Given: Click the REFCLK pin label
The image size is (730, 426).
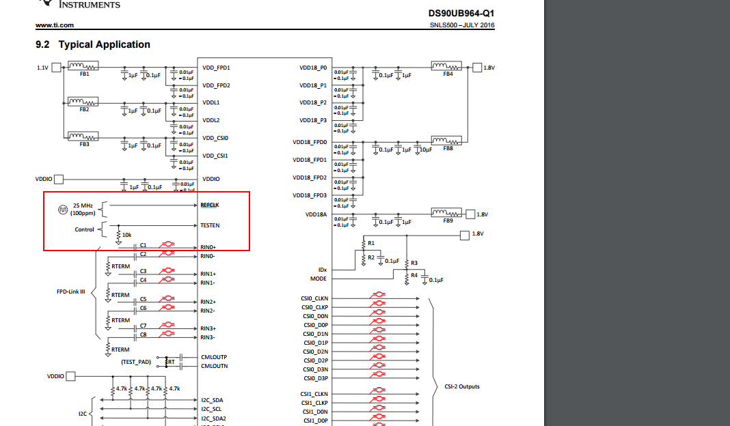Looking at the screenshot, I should (x=210, y=205).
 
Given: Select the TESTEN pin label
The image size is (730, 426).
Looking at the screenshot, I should (x=210, y=225).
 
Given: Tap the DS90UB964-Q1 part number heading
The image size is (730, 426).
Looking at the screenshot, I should (x=461, y=13).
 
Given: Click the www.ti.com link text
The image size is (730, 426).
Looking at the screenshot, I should (x=55, y=26).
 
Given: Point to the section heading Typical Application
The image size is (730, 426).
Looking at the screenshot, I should (x=104, y=44).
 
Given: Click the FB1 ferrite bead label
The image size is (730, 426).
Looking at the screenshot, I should (x=84, y=74).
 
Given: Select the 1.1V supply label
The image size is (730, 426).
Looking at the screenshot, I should (x=43, y=68).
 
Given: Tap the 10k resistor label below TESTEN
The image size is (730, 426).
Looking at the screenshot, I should (x=126, y=235).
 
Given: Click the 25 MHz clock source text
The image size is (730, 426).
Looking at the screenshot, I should (x=83, y=205).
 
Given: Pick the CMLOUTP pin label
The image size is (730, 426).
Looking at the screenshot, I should (x=214, y=357).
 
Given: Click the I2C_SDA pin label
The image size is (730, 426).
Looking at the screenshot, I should (x=212, y=400).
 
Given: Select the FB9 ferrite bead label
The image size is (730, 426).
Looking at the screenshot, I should (x=448, y=221).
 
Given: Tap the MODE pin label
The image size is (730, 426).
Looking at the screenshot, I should (x=319, y=279).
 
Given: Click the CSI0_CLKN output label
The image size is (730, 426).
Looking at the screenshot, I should (x=314, y=298).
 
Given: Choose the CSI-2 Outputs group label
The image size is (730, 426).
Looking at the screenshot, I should (x=462, y=386).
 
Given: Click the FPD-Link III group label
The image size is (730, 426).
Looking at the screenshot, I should (x=70, y=292).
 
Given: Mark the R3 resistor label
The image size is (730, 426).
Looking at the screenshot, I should (x=413, y=263).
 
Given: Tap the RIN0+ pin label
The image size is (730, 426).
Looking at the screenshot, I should (x=208, y=247).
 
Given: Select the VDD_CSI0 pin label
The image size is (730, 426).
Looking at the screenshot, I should (x=215, y=138).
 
